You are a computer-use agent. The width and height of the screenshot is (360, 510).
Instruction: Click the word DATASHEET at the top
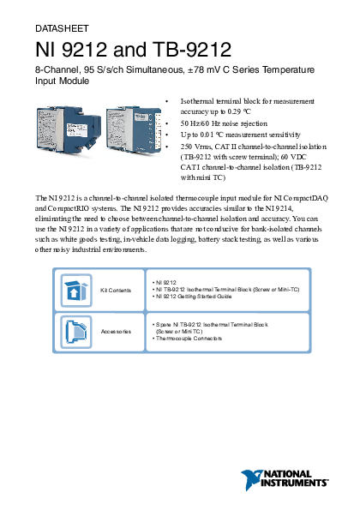pos(62,28)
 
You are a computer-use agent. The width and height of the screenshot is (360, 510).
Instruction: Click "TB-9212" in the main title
pos(192,50)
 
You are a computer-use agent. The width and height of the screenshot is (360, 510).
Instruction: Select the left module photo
pos(69,129)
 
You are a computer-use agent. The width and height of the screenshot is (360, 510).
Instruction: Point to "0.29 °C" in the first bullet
pos(239,111)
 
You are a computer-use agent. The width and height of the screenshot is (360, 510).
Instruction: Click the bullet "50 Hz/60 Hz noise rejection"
pos(224,123)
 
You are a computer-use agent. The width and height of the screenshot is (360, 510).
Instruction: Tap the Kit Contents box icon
pos(76,291)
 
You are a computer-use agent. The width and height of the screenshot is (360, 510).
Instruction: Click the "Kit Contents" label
pos(116,290)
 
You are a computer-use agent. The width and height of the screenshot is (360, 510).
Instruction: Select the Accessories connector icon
pos(76,332)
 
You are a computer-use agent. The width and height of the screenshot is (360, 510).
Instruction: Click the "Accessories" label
pos(116,332)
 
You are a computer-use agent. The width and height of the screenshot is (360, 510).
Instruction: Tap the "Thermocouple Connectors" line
pos(188,339)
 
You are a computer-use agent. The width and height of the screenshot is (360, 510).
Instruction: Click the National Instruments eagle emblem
pos(251,479)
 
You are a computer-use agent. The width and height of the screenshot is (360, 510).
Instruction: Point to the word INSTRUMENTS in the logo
pos(294,483)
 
